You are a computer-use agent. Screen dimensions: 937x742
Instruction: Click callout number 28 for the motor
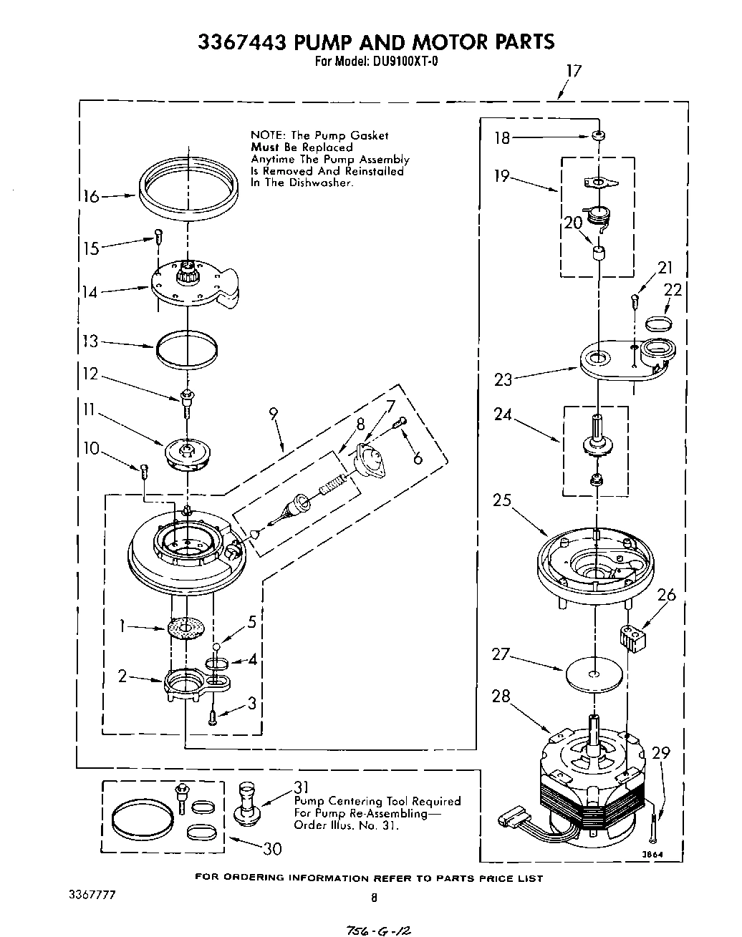(501, 695)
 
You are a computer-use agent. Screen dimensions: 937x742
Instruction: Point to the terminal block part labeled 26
(630, 636)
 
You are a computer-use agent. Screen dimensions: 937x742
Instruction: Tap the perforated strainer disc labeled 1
(185, 629)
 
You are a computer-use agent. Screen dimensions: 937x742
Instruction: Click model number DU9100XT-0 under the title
(405, 62)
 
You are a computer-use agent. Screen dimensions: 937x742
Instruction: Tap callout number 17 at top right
(573, 71)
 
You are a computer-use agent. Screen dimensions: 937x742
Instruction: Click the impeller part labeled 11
(185, 454)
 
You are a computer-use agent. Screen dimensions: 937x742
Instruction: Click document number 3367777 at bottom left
(92, 895)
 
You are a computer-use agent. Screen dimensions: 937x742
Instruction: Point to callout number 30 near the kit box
(272, 848)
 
